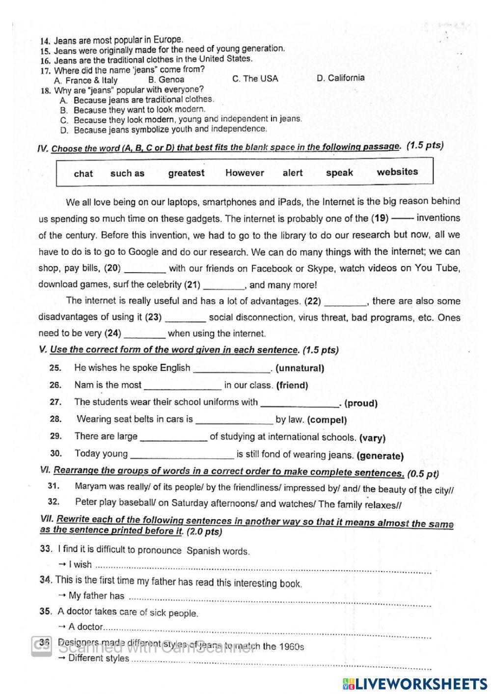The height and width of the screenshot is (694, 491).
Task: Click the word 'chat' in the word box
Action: [x=83, y=173]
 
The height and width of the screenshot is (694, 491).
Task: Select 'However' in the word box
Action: [x=245, y=173]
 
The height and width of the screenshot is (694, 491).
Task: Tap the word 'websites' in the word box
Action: [x=397, y=172]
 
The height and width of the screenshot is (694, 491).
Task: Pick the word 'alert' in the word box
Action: [x=293, y=173]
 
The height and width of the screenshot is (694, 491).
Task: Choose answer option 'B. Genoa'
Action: [x=166, y=80]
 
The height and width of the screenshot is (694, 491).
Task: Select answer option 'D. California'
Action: [x=340, y=78]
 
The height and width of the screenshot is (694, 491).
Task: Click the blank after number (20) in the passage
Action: [x=145, y=269]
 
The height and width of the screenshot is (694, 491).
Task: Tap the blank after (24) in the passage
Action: [x=144, y=334]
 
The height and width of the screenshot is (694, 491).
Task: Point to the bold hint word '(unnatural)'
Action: [x=300, y=368]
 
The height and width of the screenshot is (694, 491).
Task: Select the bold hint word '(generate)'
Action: [x=380, y=456]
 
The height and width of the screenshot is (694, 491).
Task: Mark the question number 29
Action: [x=55, y=436]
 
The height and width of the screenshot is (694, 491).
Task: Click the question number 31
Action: [x=54, y=486]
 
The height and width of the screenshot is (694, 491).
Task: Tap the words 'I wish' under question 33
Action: [x=80, y=565]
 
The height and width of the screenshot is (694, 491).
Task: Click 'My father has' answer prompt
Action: [x=96, y=596]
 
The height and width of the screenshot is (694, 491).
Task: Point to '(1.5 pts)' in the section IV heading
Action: [x=425, y=145]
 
